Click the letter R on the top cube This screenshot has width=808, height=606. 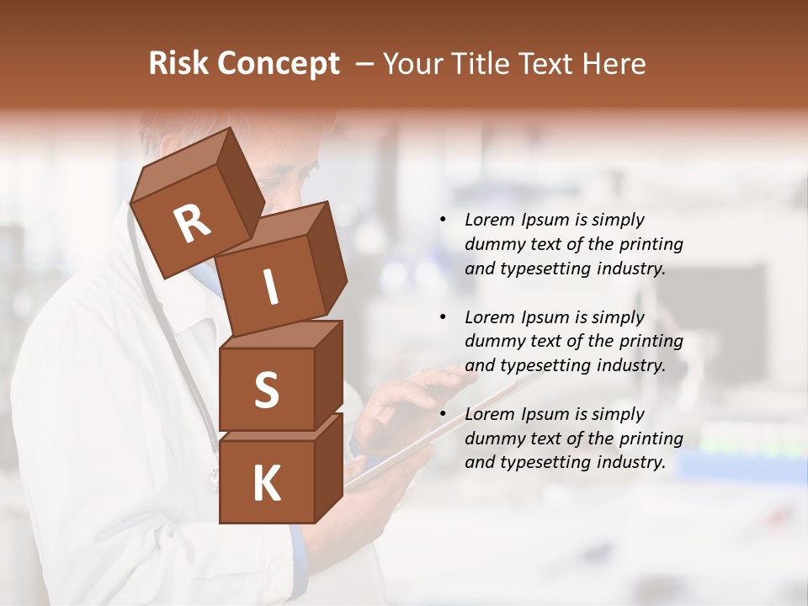coord(192,224)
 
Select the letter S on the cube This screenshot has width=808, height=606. coord(266,390)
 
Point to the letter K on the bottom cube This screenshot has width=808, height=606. coord(266,484)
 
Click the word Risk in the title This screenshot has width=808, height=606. coord(178,64)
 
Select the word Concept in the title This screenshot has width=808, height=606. coord(279,64)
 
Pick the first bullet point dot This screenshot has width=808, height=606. coord(443,220)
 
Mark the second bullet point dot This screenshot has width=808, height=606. coord(443,317)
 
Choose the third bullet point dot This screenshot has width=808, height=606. coord(443,414)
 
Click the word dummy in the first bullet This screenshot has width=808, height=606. coord(492,244)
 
